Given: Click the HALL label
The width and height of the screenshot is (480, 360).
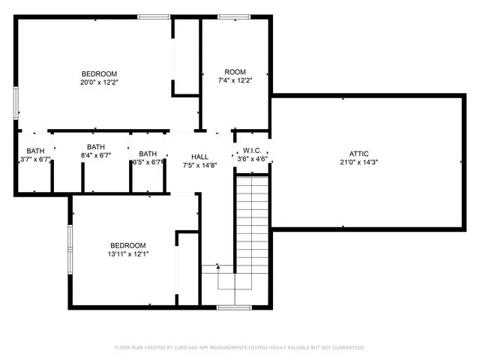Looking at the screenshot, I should [199, 156].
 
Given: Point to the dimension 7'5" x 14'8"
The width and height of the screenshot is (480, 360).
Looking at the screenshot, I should [199, 165].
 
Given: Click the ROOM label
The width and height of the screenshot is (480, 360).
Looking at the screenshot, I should [235, 72].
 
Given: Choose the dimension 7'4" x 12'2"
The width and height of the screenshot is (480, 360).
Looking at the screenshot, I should [235, 81].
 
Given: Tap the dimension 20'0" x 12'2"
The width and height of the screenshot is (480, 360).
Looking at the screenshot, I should [100, 82].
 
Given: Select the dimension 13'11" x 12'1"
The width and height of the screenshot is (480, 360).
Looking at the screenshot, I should [128, 254].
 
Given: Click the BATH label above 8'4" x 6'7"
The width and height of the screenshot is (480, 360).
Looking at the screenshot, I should [96, 147].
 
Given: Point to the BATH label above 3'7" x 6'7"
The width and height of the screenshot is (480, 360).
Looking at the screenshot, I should [36, 151].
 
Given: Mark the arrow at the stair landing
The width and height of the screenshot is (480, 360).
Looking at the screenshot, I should [218, 266].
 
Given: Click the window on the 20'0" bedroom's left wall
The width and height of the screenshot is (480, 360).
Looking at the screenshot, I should [16, 103].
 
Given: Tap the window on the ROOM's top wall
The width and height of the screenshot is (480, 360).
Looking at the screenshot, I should [234, 16].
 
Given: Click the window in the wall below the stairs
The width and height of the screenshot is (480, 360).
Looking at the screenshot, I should [233, 307].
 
